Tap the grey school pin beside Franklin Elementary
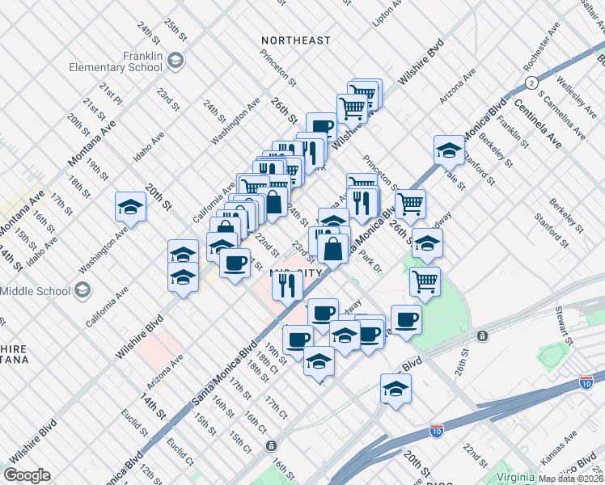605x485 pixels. (176, 61)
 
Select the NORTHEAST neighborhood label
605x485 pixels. (296, 40)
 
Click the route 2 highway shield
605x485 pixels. (531, 82)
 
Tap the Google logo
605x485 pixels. (27, 475)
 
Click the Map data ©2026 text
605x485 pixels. (571, 479)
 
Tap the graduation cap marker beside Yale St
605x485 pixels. (449, 149)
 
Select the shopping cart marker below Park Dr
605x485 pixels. (425, 280)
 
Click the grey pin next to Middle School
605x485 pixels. (82, 289)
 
